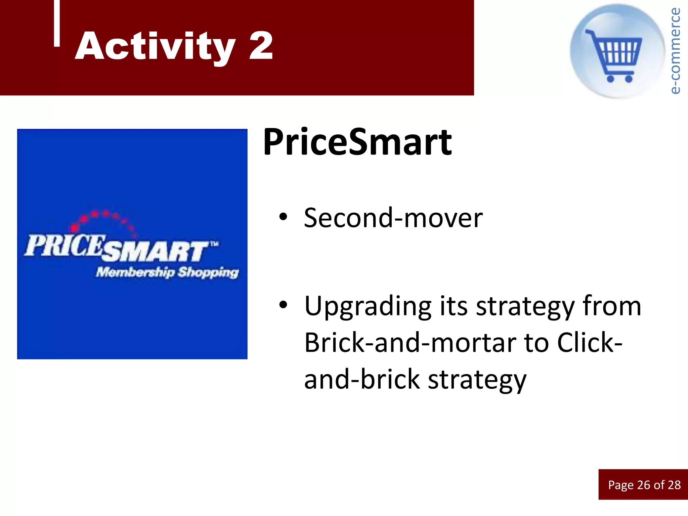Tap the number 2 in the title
pos(261,46)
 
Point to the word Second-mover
pos(393,218)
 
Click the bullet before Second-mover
pos(283,217)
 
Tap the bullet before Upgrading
pos(283,305)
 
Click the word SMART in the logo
pos(155,251)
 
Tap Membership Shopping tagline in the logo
pos(167,272)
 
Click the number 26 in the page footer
pos(643,485)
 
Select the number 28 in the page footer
pos(674,485)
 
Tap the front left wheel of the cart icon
pos(610,79)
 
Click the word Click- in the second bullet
pos(589,343)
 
